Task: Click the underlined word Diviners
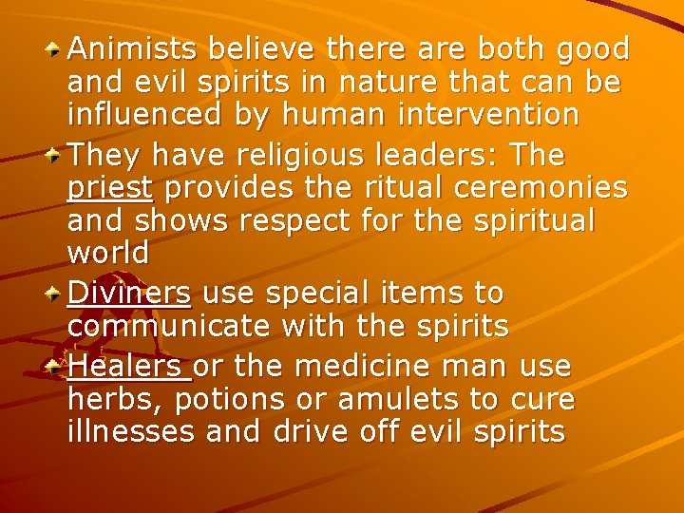pos(129,293)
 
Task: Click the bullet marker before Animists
pos(56,47)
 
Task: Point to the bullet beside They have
pos(56,154)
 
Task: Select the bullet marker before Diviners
pos(56,293)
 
